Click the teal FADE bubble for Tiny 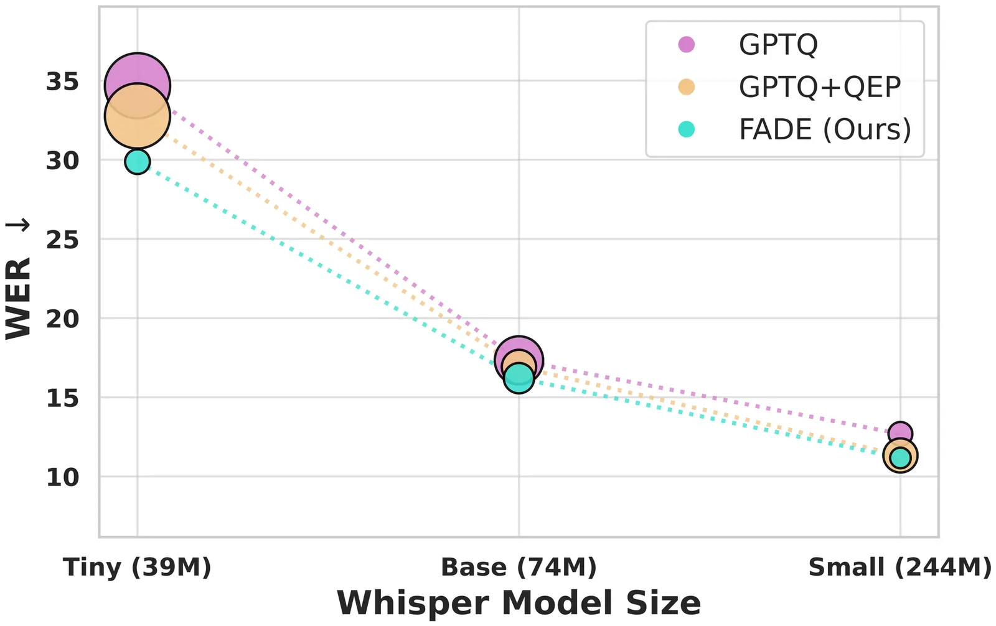137,162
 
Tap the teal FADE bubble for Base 519,377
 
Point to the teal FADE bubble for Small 900,458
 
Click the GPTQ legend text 778,45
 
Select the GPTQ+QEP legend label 820,87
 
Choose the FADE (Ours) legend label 825,129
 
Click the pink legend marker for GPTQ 686,45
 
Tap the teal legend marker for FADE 686,129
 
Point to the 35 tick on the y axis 62,82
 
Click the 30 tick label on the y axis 62,161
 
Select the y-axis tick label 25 62,240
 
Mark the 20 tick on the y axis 62,319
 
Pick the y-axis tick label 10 62,477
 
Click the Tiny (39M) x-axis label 137,568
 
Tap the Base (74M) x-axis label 519,568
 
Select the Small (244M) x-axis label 900,568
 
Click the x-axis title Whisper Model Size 519,603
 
